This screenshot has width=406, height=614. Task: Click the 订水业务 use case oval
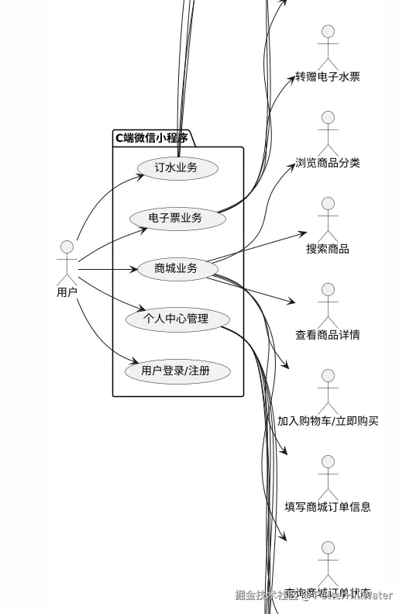point(177,167)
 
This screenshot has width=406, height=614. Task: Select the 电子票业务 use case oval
point(177,219)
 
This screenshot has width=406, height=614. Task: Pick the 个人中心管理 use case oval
point(177,319)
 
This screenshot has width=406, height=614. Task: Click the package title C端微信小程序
point(152,138)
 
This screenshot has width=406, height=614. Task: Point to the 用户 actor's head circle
point(67,247)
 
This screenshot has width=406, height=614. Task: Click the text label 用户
point(67,292)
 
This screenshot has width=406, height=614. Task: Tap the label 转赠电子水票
point(328,77)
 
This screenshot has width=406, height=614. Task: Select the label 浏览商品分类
point(328,163)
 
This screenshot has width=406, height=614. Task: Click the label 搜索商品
point(328,249)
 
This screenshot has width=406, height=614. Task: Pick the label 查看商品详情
point(328,335)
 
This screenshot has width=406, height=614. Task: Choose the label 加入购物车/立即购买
point(328,421)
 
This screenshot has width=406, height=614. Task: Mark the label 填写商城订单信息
point(328,507)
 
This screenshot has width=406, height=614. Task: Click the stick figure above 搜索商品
point(328,219)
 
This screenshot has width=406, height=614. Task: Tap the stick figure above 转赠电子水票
point(328,47)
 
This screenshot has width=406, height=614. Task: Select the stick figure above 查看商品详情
point(328,305)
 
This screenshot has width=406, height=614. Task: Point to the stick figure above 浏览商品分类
point(328,133)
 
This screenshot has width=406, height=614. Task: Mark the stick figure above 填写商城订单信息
point(328,478)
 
